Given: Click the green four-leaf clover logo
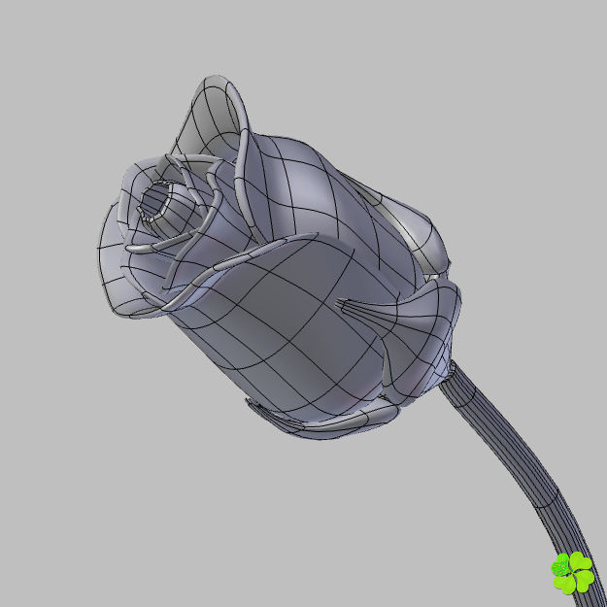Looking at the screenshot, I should tap(573, 572).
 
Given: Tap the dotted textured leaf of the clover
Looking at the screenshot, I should tap(561, 566).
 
